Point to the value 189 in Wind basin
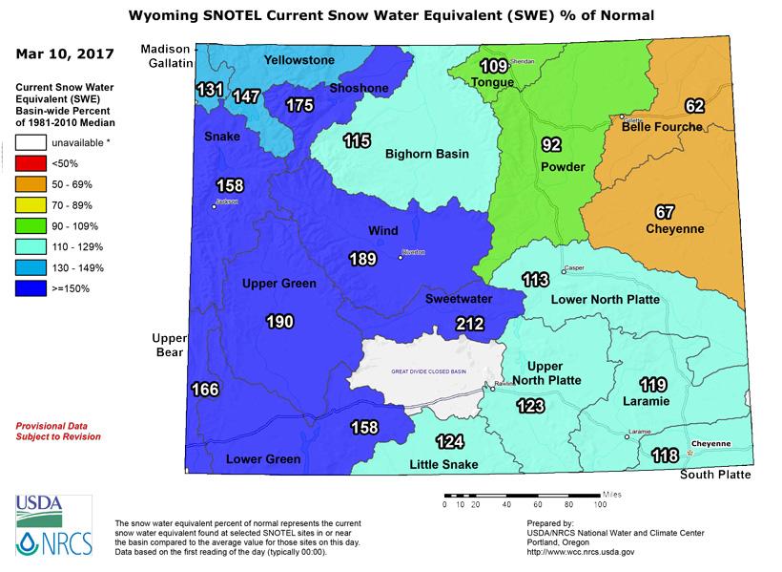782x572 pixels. pyautogui.click(x=362, y=258)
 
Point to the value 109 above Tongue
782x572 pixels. pyautogui.click(x=493, y=67)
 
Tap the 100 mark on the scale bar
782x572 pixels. pyautogui.click(x=600, y=503)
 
